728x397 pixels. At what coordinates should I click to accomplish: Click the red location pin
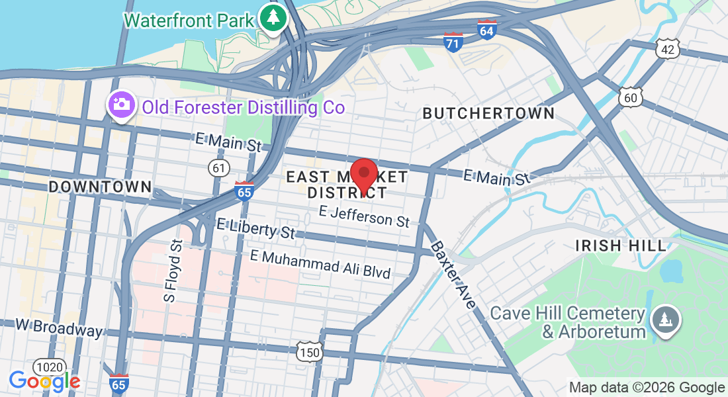tap(363, 175)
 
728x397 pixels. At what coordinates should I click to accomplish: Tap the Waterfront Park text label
tap(189, 20)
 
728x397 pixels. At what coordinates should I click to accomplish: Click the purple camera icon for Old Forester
tap(120, 105)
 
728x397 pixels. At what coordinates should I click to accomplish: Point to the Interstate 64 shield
tap(486, 30)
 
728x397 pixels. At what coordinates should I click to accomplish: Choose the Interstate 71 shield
tap(453, 42)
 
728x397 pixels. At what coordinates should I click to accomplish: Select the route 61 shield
tap(218, 168)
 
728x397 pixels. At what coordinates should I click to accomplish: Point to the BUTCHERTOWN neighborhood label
tap(488, 114)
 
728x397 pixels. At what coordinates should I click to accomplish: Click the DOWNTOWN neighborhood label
tap(101, 187)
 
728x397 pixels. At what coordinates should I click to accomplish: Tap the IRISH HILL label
tap(621, 245)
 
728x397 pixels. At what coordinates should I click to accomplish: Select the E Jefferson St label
tap(364, 216)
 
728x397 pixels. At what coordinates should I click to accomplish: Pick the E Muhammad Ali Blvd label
tap(320, 264)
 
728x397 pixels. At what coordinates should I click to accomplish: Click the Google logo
tap(44, 380)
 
